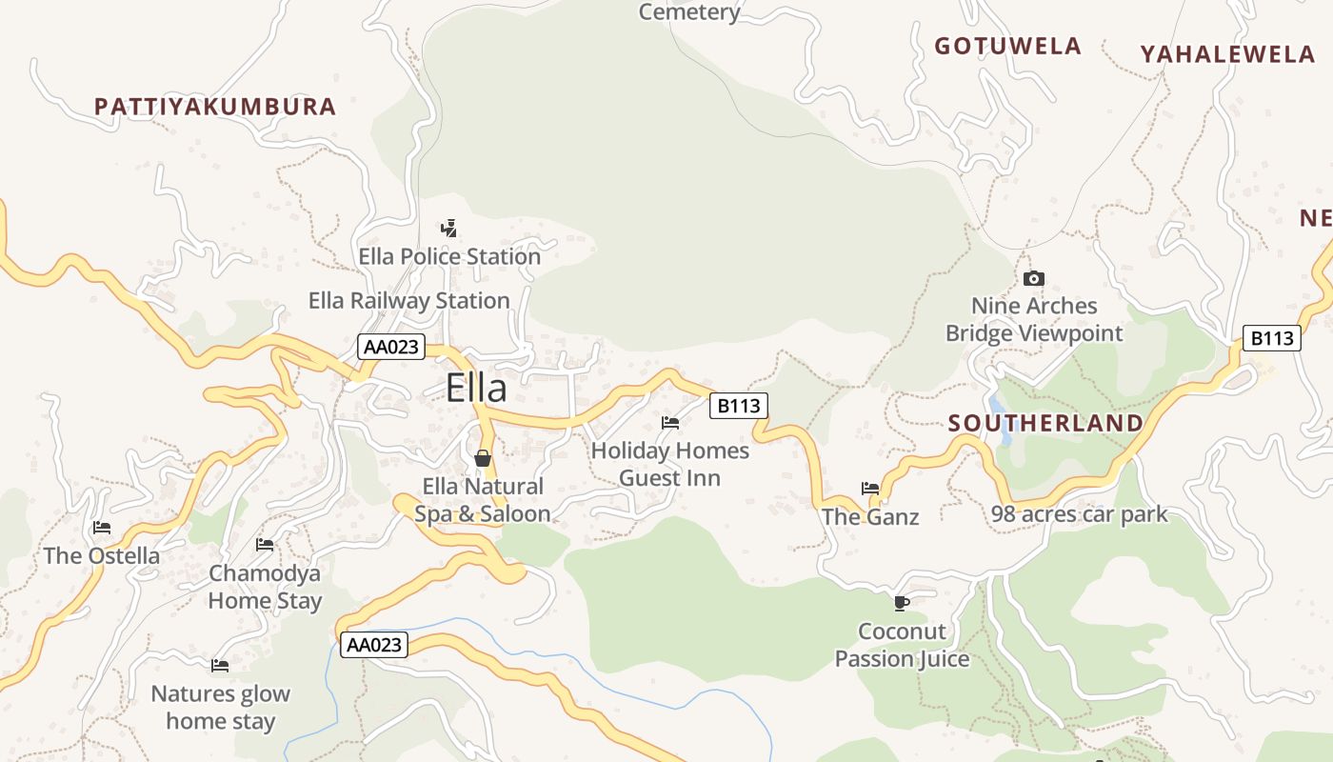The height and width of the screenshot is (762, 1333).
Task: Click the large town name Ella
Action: coord(476,388)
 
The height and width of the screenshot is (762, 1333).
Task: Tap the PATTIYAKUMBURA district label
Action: coord(215,107)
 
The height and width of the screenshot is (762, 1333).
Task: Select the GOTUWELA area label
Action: coord(1007,46)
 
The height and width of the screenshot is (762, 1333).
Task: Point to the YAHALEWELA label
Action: coord(1227,54)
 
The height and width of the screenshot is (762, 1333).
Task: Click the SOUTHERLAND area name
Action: coord(1045,423)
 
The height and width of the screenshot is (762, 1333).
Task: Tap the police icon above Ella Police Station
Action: coord(448,229)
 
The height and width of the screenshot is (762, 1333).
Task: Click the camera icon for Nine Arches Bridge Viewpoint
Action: coord(1033,278)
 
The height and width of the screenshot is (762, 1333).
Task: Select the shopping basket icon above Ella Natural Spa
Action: coord(483,458)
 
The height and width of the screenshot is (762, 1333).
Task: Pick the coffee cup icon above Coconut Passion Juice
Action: coord(901,603)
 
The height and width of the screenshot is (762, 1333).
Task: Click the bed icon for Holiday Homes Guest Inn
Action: coord(670,423)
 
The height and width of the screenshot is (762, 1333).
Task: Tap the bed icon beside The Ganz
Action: coord(870,489)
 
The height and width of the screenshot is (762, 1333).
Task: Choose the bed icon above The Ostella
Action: coord(102,528)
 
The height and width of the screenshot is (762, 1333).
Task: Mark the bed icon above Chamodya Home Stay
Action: coord(265,545)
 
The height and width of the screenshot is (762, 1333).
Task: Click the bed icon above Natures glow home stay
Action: coord(220,665)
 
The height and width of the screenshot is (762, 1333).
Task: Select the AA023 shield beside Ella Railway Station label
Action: coord(390,347)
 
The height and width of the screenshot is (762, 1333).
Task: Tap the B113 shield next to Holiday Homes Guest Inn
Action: coord(739,406)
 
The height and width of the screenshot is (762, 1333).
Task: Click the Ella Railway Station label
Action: coord(408,301)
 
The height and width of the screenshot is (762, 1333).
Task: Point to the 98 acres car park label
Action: coord(1079,514)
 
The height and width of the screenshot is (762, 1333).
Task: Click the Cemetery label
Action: coord(689,11)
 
